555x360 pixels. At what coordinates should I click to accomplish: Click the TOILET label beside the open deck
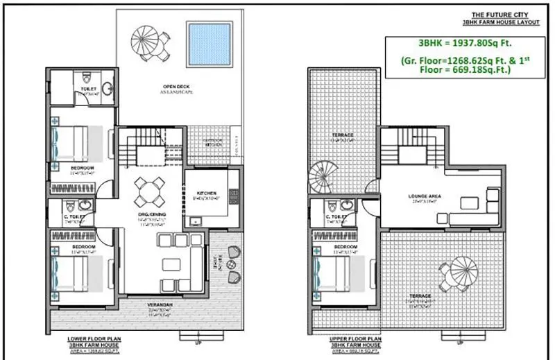(x=87, y=88)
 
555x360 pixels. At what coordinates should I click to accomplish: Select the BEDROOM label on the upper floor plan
(x=345, y=247)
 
